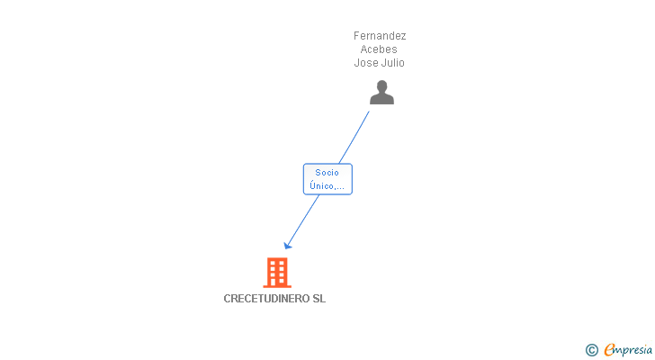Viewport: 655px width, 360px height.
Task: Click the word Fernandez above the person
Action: coord(380,36)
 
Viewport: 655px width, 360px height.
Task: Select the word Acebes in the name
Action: coord(380,49)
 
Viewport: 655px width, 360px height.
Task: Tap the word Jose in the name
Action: coord(366,63)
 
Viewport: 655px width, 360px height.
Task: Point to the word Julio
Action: coord(392,63)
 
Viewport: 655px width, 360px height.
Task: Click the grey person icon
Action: coord(381,92)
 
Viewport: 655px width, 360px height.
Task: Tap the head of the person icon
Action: coord(381,86)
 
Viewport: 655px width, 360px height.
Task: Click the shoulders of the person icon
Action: coord(381,99)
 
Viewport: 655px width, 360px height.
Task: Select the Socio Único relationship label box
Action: coord(327,179)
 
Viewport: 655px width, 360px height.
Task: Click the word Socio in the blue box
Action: coord(327,173)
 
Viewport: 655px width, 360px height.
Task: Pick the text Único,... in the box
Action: coord(327,186)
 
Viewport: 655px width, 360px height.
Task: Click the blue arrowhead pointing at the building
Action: coord(287,245)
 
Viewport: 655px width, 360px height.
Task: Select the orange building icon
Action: coord(276,272)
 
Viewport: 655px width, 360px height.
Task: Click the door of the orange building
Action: coord(276,283)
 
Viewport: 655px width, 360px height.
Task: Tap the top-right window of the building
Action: coord(282,264)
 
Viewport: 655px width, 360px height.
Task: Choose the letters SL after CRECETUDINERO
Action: coord(319,299)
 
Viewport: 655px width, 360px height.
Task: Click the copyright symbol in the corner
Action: coord(591,350)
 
